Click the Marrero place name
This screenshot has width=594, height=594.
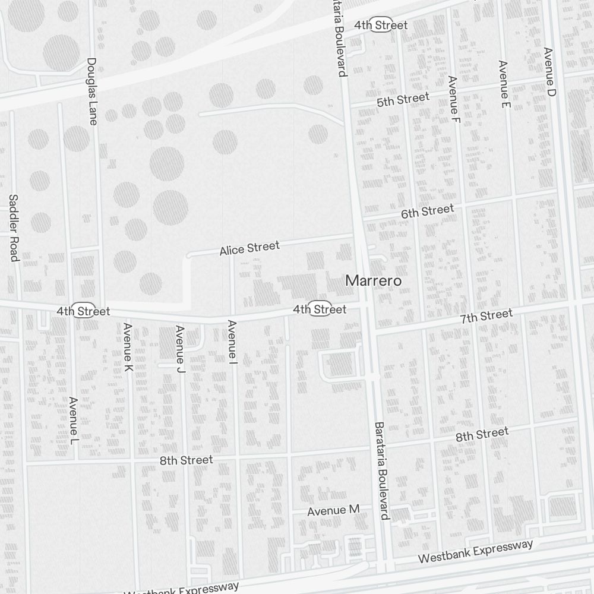point(374,280)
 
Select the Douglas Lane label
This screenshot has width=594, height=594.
point(91,91)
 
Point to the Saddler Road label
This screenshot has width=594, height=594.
point(14,227)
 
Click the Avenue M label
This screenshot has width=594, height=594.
point(333,510)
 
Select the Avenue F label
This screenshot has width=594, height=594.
point(454,96)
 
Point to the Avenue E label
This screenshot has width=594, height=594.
point(504,84)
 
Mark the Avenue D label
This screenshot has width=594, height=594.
point(549,72)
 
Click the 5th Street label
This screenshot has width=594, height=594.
point(403,100)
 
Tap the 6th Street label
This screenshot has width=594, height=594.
point(427,210)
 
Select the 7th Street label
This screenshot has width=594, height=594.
point(486,316)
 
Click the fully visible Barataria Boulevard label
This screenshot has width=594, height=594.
point(380,470)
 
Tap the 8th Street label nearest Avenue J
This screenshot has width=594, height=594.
point(186,460)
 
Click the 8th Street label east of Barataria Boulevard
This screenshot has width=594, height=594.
point(482,434)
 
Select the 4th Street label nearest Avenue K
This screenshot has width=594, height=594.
point(83,311)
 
